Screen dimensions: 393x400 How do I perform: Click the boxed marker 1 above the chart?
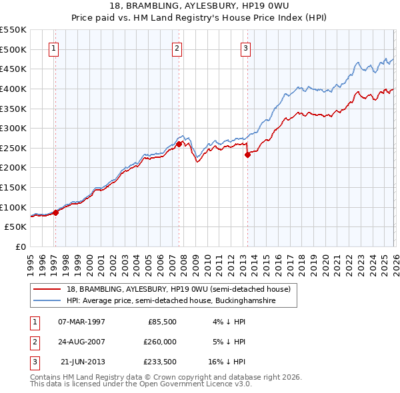tap(53, 48)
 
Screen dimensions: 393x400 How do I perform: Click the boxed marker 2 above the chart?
tap(177, 48)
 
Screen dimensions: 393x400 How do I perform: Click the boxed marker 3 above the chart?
tap(245, 48)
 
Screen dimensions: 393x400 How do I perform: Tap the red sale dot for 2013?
tap(247, 154)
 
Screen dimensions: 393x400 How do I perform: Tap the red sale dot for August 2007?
tap(179, 143)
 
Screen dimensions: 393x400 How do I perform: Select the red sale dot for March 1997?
tap(56, 212)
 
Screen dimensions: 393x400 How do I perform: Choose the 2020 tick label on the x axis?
tap(324, 263)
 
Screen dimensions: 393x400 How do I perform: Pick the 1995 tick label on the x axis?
tap(31, 263)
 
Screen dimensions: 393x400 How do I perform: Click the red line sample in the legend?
tap(47, 290)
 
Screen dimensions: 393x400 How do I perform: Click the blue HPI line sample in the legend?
tap(47, 301)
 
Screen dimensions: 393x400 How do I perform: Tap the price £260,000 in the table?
tap(160, 342)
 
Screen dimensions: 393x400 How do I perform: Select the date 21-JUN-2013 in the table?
tap(83, 362)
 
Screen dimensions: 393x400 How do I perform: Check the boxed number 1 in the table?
tap(32, 322)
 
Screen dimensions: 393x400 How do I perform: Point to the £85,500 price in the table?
tap(162, 322)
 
